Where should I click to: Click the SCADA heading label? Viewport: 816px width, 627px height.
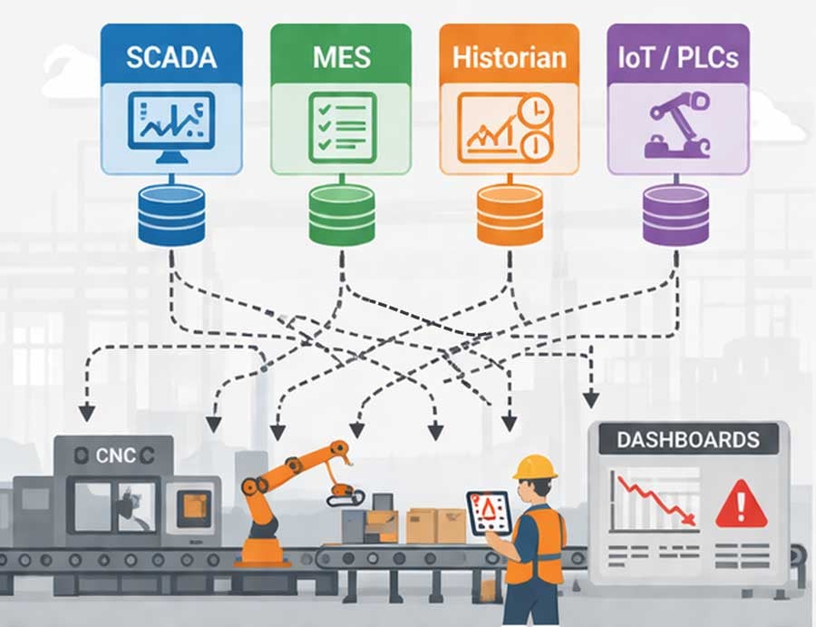(x=171, y=57)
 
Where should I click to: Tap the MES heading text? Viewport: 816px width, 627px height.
(x=342, y=57)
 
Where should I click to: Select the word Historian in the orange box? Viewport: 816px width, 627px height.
(x=510, y=57)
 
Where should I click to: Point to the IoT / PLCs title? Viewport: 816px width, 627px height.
(x=678, y=57)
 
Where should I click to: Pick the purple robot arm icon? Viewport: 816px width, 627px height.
(x=677, y=126)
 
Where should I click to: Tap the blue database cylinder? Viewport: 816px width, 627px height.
(x=171, y=215)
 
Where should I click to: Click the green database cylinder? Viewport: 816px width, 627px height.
(x=342, y=215)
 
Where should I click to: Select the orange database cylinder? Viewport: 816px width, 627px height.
(x=510, y=215)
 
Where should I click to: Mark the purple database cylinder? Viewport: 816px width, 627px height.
(x=676, y=215)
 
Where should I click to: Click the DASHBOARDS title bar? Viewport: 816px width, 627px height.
(x=688, y=439)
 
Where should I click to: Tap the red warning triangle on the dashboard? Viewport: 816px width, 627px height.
(x=741, y=505)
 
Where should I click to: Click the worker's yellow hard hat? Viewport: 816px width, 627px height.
(x=534, y=467)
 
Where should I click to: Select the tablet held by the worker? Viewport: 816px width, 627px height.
(x=490, y=513)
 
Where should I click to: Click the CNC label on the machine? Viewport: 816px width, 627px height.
(x=115, y=456)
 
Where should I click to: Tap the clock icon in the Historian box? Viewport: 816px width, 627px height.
(x=536, y=110)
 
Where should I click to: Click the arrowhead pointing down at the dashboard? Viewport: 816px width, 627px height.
(x=590, y=400)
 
